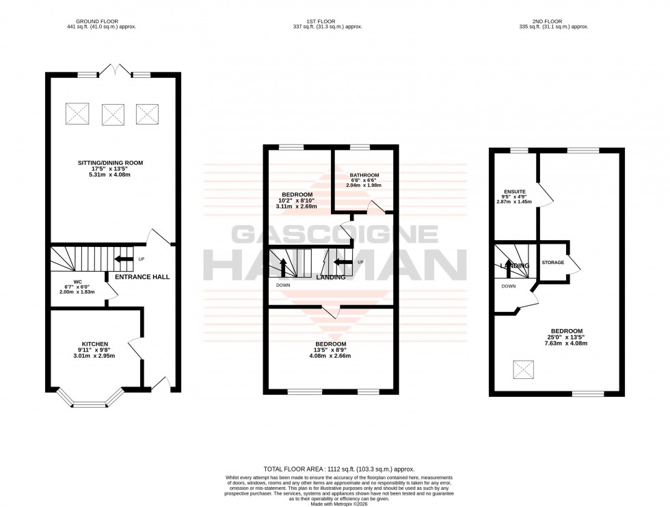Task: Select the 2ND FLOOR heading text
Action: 554,21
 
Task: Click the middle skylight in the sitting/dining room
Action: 113,114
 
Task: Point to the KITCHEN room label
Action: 96,343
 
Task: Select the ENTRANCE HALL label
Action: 142,277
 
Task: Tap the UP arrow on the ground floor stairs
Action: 124,259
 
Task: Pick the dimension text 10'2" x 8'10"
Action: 294,200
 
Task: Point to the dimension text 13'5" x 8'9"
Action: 330,350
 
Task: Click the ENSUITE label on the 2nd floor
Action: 515,192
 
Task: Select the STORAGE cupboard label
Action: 552,262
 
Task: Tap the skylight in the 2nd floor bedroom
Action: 524,370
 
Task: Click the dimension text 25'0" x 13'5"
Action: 567,337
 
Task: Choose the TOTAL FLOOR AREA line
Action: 334,469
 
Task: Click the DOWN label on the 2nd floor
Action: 508,287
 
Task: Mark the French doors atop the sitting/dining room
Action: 113,70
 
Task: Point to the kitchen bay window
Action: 87,399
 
